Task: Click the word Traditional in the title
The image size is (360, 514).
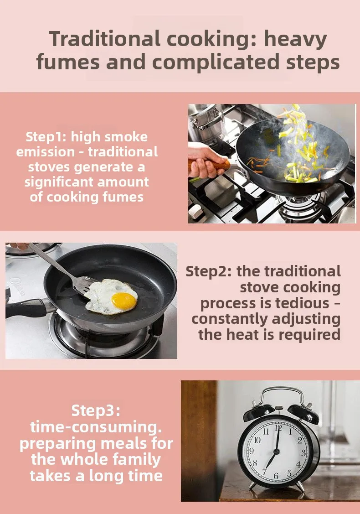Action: [x=105, y=39]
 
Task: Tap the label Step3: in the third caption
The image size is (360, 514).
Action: [x=96, y=411]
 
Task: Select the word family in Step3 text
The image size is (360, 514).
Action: [x=136, y=460]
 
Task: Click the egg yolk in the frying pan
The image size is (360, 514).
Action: [x=124, y=301]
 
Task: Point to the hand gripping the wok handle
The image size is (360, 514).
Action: [x=205, y=160]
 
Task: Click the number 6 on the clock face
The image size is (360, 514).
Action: [x=276, y=476]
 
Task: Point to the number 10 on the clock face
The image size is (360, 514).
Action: [x=257, y=440]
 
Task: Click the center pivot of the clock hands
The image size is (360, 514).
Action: [x=276, y=452]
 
